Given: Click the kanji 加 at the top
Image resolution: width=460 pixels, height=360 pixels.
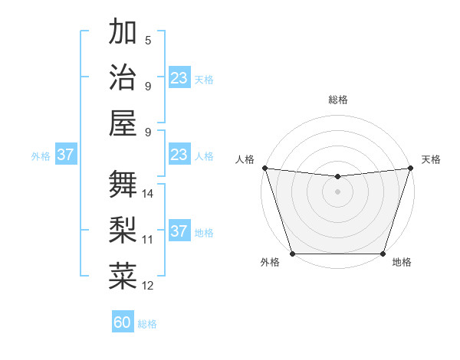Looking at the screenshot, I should pyautogui.click(x=123, y=32).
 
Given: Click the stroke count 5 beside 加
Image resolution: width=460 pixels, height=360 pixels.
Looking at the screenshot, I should pyautogui.click(x=148, y=41).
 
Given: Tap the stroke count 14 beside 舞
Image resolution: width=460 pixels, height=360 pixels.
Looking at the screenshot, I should pyautogui.click(x=149, y=194).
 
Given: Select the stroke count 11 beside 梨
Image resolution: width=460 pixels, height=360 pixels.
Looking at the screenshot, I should pyautogui.click(x=148, y=239).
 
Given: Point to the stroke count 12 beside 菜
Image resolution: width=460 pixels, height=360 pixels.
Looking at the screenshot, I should pyautogui.click(x=149, y=286).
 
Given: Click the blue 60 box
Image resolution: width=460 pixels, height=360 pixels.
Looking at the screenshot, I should pyautogui.click(x=123, y=322).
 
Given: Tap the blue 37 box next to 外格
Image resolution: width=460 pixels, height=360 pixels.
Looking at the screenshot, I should pyautogui.click(x=65, y=155).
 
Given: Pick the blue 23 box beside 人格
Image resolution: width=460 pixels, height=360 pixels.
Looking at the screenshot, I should pyautogui.click(x=179, y=155).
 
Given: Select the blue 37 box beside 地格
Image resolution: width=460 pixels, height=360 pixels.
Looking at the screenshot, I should pyautogui.click(x=179, y=231).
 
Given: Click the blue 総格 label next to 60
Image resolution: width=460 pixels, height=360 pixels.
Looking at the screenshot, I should pyautogui.click(x=147, y=324).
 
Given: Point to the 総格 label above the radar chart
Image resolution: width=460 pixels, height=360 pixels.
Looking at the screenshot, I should pyautogui.click(x=337, y=100).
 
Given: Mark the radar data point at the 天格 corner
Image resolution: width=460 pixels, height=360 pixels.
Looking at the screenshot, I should pyautogui.click(x=410, y=168).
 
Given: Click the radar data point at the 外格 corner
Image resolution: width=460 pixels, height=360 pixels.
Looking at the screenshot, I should pyautogui.click(x=293, y=254).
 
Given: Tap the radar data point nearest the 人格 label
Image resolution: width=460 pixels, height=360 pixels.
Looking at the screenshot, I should pyautogui.click(x=264, y=168).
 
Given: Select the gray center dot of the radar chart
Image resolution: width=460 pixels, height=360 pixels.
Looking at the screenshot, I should pyautogui.click(x=337, y=191).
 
